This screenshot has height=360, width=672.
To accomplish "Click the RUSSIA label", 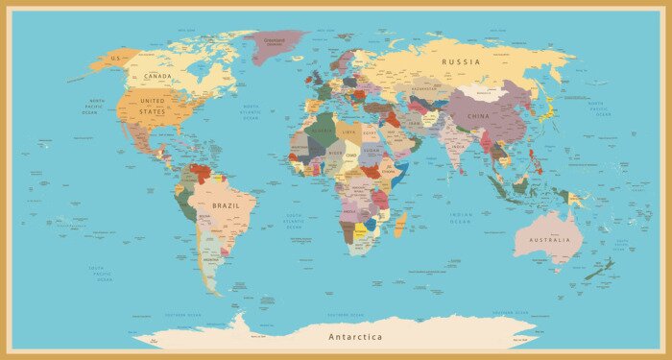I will point(460,61).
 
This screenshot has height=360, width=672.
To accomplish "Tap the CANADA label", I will point(157,76).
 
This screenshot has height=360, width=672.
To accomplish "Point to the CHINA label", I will point(477,116).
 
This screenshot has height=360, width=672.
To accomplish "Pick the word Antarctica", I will point(355,337).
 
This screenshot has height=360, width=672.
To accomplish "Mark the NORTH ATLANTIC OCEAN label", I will point(251,112).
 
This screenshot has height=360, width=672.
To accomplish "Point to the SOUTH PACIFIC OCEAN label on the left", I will point(101,274).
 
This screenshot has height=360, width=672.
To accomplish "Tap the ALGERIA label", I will point(323,130).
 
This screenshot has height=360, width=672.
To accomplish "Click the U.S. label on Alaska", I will point(116,58).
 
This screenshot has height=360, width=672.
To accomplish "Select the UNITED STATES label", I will point(153,106).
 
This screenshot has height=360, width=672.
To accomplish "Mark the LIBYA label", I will point(348,132).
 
